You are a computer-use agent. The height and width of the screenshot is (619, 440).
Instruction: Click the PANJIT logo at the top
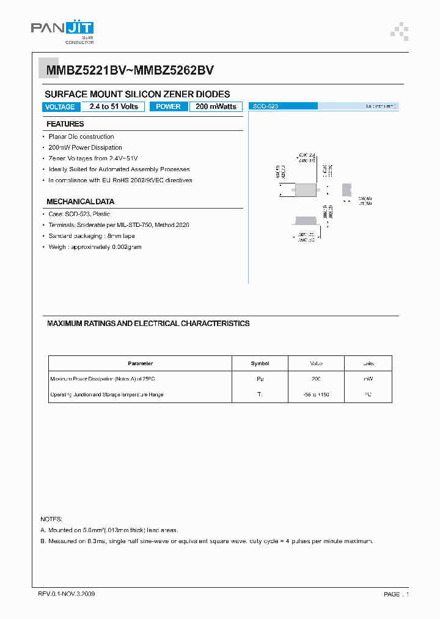click(62, 31)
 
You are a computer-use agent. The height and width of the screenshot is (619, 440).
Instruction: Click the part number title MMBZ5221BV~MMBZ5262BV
click(130, 70)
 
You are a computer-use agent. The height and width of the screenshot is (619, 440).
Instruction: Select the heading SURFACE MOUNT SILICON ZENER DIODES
click(137, 94)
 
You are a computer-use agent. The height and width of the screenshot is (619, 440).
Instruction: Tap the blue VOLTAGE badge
click(61, 107)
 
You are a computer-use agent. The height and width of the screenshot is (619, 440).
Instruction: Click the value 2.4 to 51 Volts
click(114, 106)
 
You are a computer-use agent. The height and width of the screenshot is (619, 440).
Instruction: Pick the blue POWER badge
click(168, 106)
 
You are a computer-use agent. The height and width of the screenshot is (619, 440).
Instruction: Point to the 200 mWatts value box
click(216, 106)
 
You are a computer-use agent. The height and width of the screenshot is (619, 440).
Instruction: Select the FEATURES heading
click(65, 124)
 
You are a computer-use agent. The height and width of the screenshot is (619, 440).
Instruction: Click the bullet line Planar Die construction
click(81, 136)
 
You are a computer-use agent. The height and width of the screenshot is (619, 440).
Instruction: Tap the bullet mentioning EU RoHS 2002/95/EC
click(120, 180)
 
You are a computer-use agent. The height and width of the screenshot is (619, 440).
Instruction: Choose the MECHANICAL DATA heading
click(80, 202)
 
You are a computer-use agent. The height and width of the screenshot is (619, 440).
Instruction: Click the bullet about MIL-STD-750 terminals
click(119, 225)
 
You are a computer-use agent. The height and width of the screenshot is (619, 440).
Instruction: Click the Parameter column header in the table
click(140, 363)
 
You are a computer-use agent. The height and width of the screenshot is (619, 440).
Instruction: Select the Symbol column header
click(260, 363)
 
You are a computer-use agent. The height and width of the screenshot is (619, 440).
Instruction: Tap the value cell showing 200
click(316, 379)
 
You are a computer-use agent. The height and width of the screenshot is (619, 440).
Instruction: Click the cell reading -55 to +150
click(316, 395)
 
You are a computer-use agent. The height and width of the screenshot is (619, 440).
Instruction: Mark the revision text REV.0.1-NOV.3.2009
click(66, 594)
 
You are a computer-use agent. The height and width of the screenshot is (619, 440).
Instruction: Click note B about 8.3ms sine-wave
click(207, 541)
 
